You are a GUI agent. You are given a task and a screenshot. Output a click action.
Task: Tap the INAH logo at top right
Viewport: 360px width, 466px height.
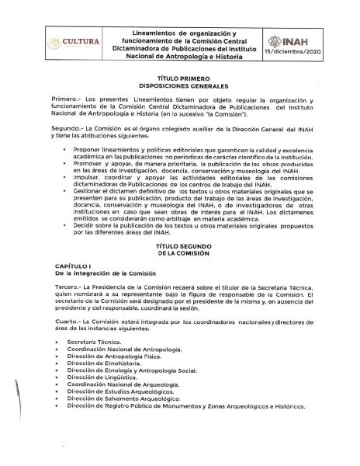point(306,37)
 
